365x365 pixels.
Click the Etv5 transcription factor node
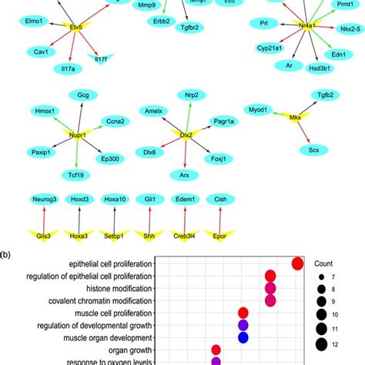[x=75, y=27]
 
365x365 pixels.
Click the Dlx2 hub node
[x=185, y=134]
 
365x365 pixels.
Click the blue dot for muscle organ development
[x=243, y=337]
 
